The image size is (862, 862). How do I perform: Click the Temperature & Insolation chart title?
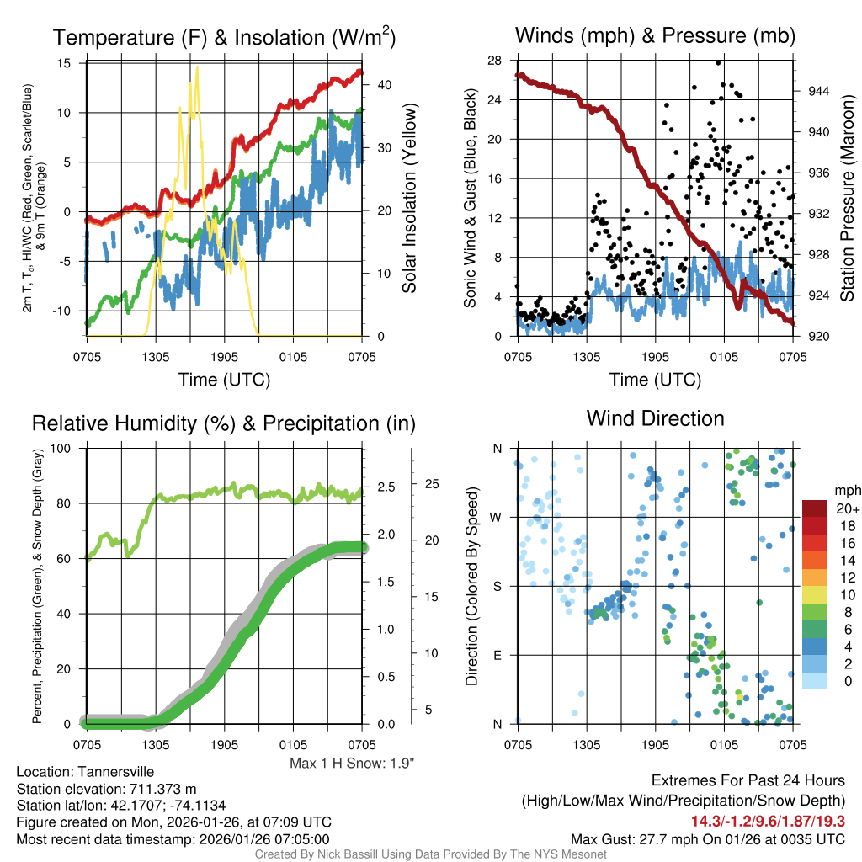pyautogui.click(x=224, y=37)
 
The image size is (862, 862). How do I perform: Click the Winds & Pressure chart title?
pyautogui.click(x=655, y=35)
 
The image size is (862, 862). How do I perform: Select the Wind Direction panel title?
pyautogui.click(x=655, y=418)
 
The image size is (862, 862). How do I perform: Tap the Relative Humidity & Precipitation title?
pyautogui.click(x=223, y=423)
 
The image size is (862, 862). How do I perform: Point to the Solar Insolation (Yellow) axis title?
pyautogui.click(x=410, y=199)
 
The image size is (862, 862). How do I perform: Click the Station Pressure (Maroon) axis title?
pyautogui.click(x=848, y=199)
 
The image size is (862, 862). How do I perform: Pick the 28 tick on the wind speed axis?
pyautogui.click(x=494, y=61)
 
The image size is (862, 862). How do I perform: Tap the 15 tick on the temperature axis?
pyautogui.click(x=64, y=63)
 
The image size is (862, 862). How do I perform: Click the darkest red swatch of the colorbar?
pyautogui.click(x=815, y=508)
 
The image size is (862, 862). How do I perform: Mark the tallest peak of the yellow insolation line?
pyautogui.click(x=197, y=67)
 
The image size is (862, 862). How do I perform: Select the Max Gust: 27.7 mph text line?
pyautogui.click(x=707, y=838)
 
